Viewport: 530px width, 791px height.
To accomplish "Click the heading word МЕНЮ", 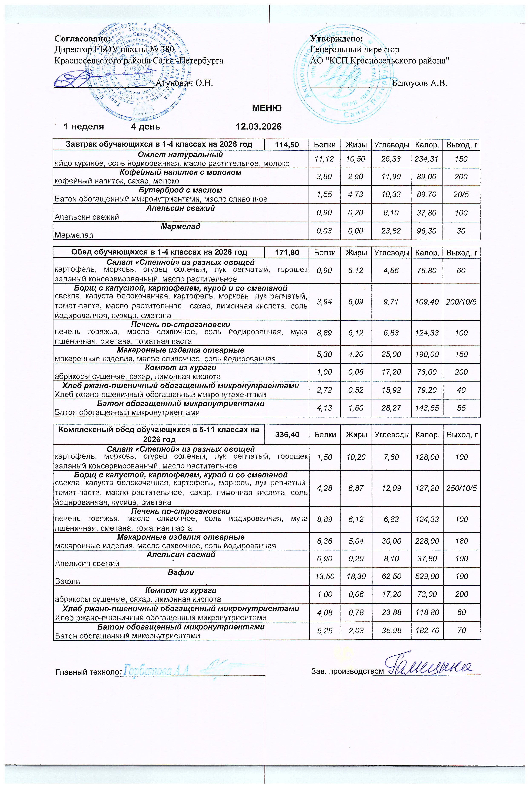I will pos(267,109).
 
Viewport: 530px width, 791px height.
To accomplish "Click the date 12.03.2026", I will pos(259,127).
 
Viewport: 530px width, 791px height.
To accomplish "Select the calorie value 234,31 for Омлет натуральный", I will pos(427,159).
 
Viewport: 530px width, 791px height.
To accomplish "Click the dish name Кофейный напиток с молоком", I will pos(181,172).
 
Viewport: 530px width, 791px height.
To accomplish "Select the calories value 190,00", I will pos(427,354).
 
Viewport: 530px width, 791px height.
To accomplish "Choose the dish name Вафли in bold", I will pos(181,572).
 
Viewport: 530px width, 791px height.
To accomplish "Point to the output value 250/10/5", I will pos(461,488).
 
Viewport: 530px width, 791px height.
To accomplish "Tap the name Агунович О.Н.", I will pos(184,83).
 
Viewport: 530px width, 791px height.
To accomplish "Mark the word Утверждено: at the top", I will pos(337,39).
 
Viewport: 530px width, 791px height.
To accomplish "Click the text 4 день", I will pos(146,127).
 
